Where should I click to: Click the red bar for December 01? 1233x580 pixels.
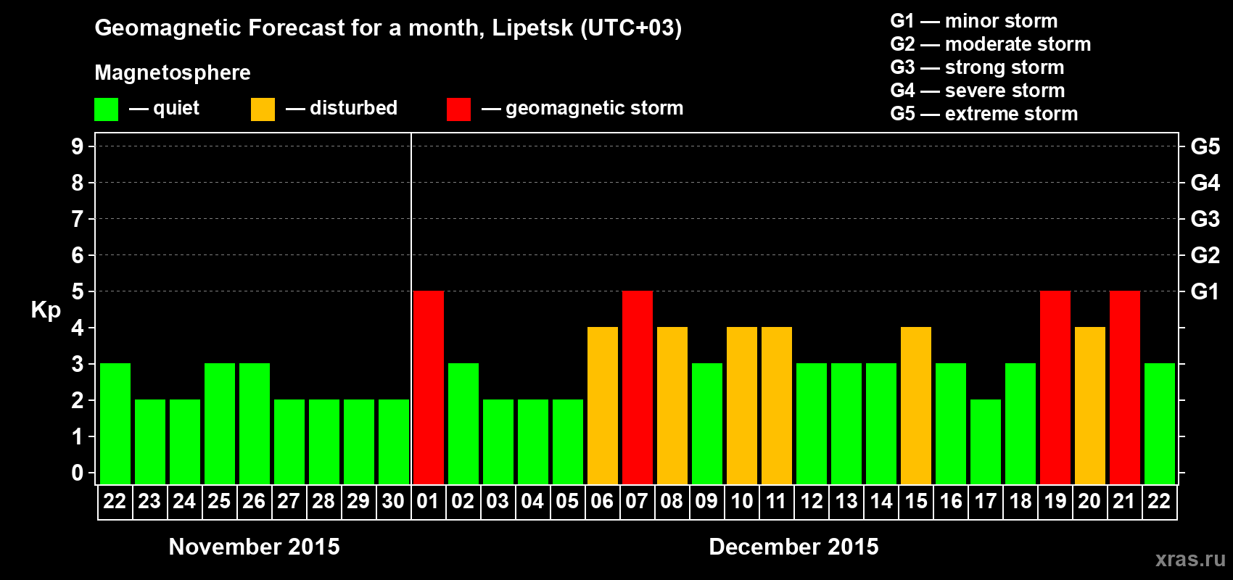click(x=429, y=387)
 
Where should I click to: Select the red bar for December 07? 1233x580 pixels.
click(x=638, y=387)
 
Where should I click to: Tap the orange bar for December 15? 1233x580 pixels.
click(x=916, y=405)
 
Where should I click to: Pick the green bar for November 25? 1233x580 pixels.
click(x=220, y=423)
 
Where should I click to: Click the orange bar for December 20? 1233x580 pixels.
click(x=1090, y=405)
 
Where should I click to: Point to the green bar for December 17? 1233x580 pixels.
click(x=986, y=442)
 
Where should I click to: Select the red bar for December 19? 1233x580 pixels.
click(x=1055, y=387)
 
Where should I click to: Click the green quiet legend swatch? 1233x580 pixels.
click(x=107, y=109)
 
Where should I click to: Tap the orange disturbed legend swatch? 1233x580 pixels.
click(x=263, y=109)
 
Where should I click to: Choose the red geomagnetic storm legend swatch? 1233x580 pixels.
click(x=458, y=109)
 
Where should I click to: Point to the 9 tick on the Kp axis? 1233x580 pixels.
click(x=78, y=146)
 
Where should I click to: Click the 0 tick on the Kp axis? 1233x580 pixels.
click(x=78, y=473)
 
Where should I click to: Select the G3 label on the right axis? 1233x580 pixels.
click(x=1205, y=219)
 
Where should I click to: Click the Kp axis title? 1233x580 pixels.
click(x=46, y=310)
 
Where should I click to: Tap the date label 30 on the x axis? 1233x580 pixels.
click(x=393, y=502)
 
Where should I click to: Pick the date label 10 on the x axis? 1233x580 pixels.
click(x=741, y=502)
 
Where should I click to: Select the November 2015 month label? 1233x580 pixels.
click(x=254, y=547)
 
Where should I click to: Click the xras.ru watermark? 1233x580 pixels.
click(x=1190, y=559)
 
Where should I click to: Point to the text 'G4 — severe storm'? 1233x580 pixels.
click(x=978, y=91)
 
